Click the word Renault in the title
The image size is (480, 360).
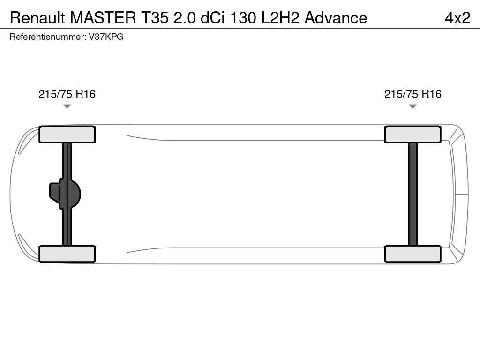(x=37, y=18)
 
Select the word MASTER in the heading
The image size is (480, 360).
(x=103, y=18)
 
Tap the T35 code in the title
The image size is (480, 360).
(x=155, y=18)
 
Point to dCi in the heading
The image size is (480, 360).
(x=212, y=18)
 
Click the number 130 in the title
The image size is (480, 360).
(x=243, y=18)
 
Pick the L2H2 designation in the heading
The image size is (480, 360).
(x=280, y=18)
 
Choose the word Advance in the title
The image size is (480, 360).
(x=336, y=18)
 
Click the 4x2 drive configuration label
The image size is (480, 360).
(x=457, y=18)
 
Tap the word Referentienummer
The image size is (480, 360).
(x=48, y=37)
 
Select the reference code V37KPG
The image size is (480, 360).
(x=106, y=37)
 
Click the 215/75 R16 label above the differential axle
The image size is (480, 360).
(x=67, y=94)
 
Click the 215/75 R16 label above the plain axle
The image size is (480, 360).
(x=412, y=94)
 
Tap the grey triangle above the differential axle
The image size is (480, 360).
(x=67, y=106)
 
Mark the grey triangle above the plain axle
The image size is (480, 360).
(x=412, y=106)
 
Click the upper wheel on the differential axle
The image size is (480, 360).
(x=67, y=135)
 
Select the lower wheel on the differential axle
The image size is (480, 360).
(x=67, y=254)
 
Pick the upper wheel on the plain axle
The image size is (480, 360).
(x=412, y=135)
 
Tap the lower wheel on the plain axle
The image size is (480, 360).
(x=412, y=254)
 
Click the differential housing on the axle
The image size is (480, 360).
(x=65, y=194)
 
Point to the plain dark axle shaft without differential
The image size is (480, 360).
(x=412, y=194)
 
